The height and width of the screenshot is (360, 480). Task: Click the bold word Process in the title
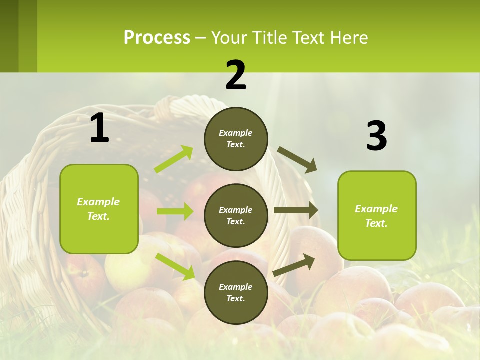coord(157,38)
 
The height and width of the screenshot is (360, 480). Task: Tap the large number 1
coord(99,128)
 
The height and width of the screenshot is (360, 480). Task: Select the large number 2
coord(236,75)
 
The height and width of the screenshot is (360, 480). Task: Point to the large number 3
coord(376,136)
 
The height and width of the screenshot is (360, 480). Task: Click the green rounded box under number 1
coord(99,209)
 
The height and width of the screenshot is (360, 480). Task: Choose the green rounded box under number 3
coord(377,215)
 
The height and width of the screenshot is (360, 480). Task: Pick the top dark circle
coord(236,139)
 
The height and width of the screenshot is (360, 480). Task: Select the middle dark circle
coord(236,215)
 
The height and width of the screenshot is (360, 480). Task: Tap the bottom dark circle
coord(236,292)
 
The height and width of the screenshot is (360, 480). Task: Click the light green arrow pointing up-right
coord(174,159)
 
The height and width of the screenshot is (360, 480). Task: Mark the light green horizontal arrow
coord(175,211)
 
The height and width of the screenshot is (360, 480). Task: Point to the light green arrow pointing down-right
coord(175,266)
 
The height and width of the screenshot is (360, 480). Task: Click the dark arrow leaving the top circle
coord(297,160)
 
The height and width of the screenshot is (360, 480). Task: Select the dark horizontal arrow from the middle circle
coord(296,210)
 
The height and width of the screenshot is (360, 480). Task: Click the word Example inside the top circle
coord(235,133)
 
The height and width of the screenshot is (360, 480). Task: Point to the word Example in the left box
coord(98,202)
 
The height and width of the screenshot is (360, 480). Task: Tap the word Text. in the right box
coord(376,223)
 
